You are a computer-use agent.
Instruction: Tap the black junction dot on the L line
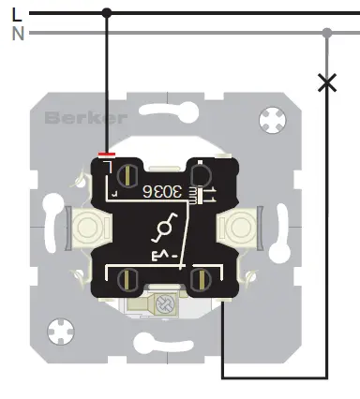106,13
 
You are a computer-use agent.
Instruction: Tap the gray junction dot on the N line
327,33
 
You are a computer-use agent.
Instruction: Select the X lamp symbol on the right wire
327,83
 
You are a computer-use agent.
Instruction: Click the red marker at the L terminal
107,154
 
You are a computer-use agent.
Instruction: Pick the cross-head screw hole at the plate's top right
273,119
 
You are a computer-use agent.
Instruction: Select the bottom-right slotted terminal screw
198,277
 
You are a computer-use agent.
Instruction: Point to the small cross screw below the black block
170,303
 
